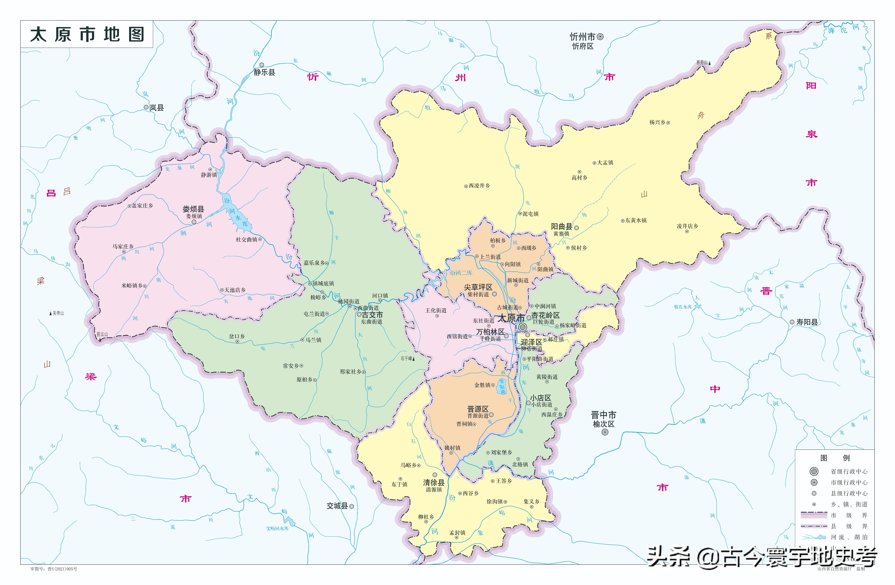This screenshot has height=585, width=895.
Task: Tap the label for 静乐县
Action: (264, 72)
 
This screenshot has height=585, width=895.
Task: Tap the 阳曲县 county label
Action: (562, 227)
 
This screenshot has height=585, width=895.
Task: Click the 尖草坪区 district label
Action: (478, 287)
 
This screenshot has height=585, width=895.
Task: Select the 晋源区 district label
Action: (478, 409)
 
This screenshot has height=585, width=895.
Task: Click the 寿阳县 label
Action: (807, 322)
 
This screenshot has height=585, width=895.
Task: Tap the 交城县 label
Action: (337, 506)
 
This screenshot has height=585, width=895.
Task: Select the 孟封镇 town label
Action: (457, 533)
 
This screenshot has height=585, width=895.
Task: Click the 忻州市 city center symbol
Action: (601, 37)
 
